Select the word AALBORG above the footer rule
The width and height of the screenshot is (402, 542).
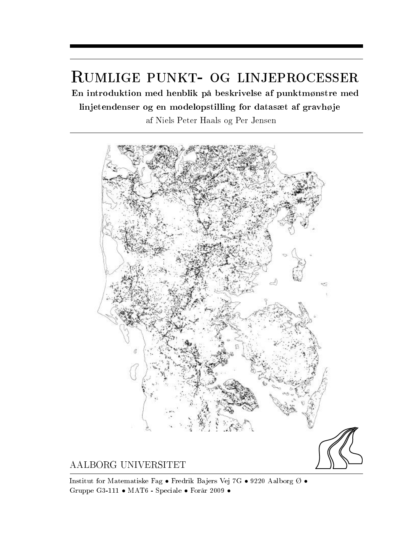(x=93, y=465)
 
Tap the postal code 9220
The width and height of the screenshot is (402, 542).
(x=258, y=481)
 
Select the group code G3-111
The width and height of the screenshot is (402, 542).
(x=107, y=490)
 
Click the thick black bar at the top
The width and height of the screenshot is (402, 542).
(x=216, y=46)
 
